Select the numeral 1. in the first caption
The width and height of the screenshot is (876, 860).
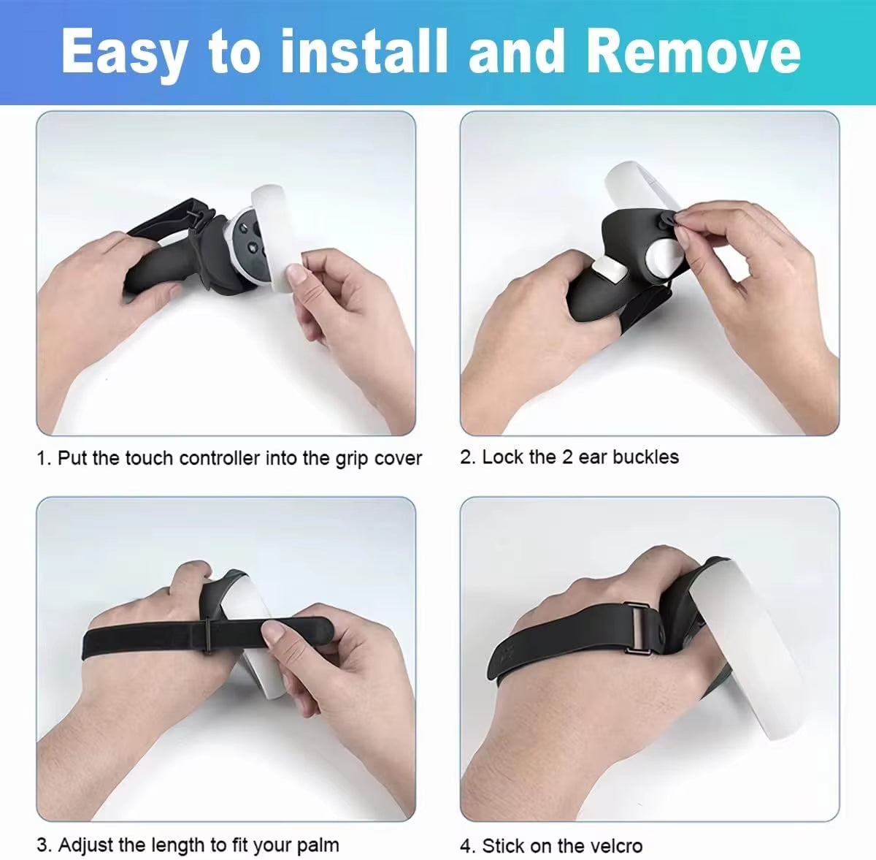point(44,459)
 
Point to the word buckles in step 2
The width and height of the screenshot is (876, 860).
point(645,457)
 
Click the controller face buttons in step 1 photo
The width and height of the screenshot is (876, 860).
point(248,241)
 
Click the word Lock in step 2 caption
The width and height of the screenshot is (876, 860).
point(503,457)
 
